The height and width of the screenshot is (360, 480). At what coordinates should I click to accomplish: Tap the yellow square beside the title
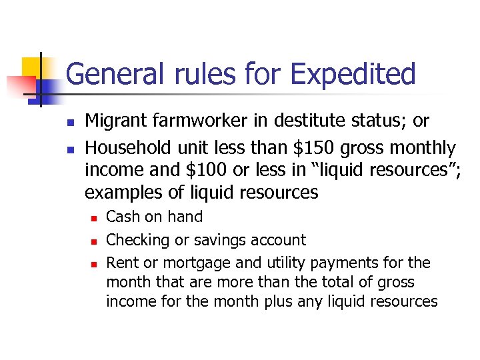pyautogui.click(x=31, y=67)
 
